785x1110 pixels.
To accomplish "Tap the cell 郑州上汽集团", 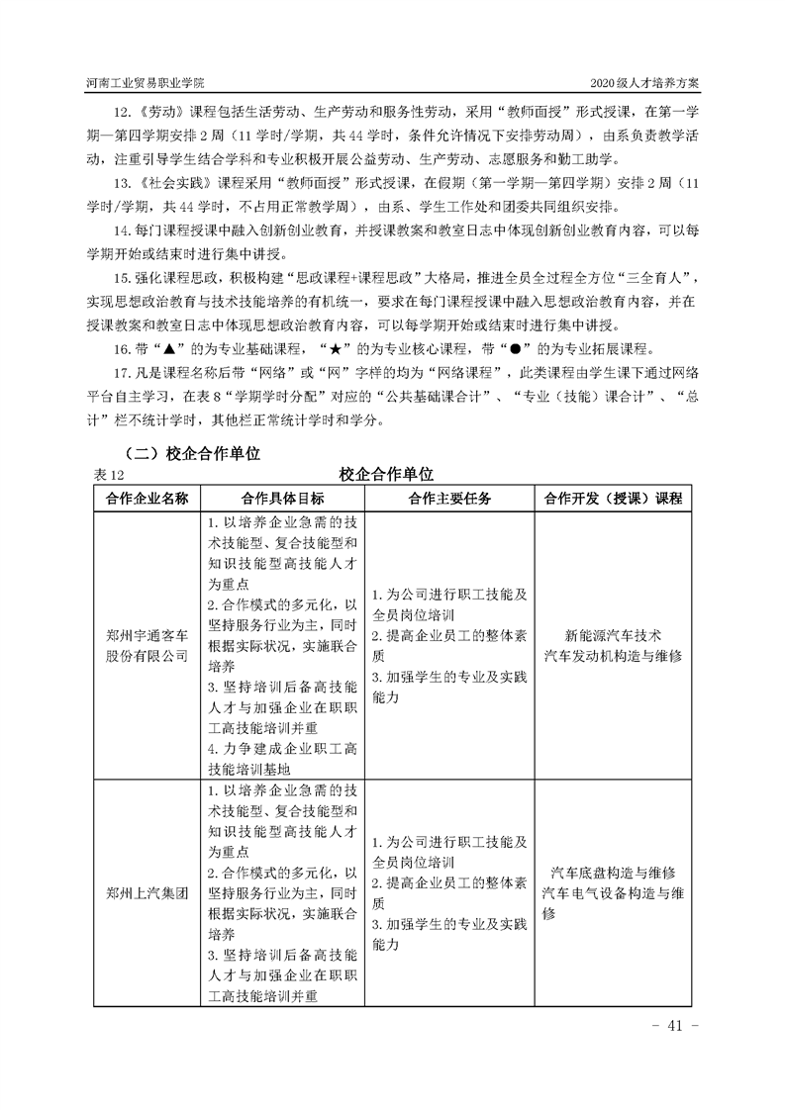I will [x=147, y=892].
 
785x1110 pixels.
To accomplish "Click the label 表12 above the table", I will [x=104, y=476].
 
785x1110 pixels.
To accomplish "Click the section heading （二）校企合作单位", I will [x=184, y=453].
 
